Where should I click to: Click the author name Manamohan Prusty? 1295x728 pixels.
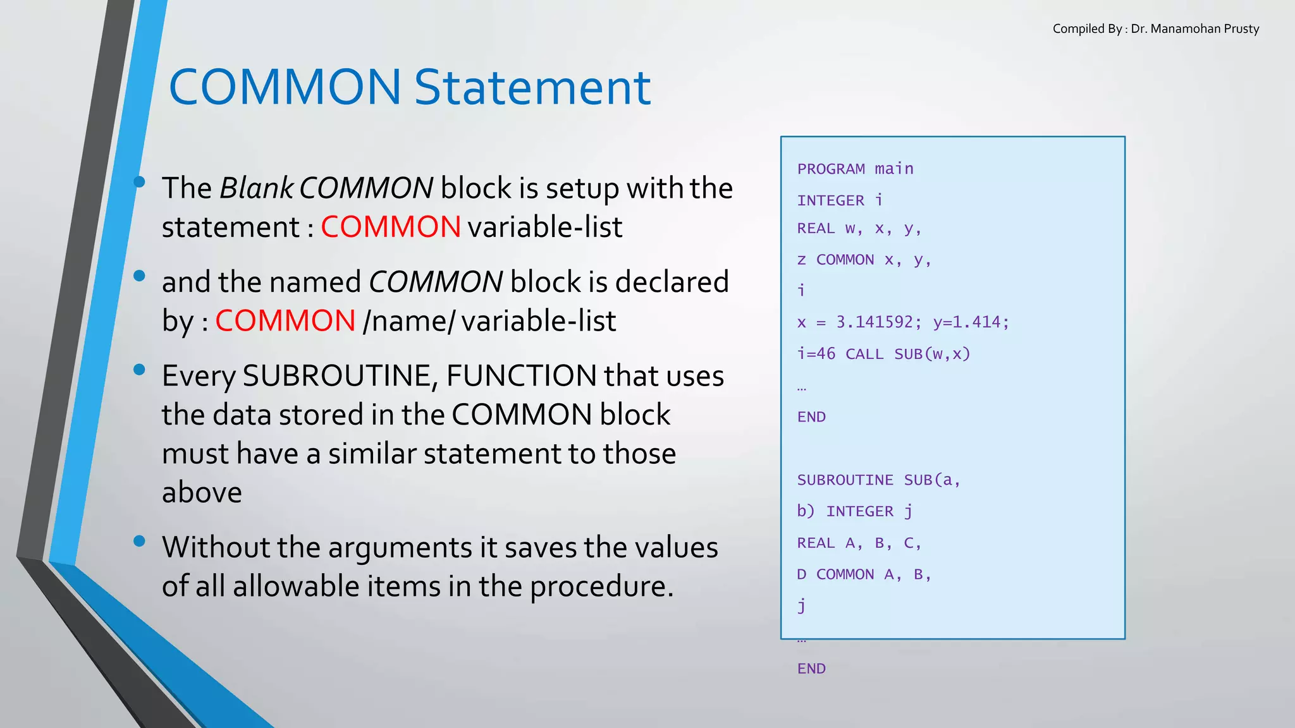(x=1205, y=29)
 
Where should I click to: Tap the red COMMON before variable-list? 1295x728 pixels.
(x=391, y=227)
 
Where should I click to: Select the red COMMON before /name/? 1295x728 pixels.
(x=285, y=320)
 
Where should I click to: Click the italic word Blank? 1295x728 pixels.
(x=256, y=188)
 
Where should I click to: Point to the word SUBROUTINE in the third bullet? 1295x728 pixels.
(x=337, y=376)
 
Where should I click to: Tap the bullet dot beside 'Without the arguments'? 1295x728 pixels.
(x=140, y=541)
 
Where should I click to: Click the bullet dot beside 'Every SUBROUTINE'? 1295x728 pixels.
(x=140, y=370)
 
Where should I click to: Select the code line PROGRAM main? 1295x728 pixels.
(x=855, y=169)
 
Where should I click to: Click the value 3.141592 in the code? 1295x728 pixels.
(x=875, y=322)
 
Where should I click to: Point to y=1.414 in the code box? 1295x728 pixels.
(x=971, y=322)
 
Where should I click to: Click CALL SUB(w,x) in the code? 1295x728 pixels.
(x=907, y=354)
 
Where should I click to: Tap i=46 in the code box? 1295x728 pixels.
(x=816, y=354)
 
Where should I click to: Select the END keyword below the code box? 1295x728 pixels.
(x=811, y=669)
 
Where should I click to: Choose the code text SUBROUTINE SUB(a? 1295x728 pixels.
(x=878, y=480)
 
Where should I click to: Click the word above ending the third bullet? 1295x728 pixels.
(x=202, y=493)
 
